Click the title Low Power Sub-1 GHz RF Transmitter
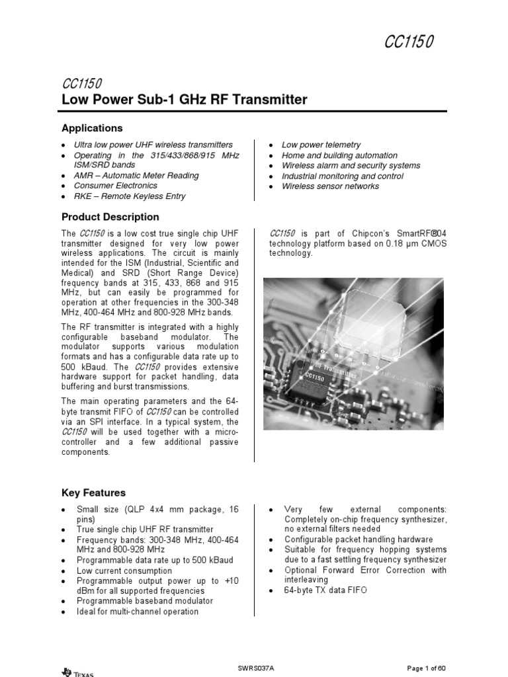[184, 100]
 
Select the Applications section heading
[92, 128]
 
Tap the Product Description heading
[110, 217]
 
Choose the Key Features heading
[93, 493]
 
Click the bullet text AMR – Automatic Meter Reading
[136, 176]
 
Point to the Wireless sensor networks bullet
[330, 186]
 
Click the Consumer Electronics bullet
[116, 186]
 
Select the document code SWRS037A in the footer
[255, 668]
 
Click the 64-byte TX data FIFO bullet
[325, 590]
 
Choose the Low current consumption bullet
[123, 570]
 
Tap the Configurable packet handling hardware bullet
[359, 539]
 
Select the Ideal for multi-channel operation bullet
[137, 612]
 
